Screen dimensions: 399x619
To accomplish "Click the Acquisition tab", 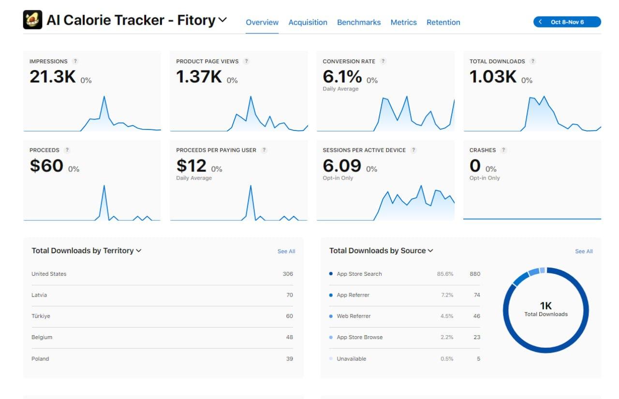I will coord(308,22).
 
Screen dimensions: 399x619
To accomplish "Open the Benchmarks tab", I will coord(359,22).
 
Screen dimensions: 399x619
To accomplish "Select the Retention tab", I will coord(443,22).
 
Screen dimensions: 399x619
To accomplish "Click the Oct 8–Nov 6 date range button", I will coord(567,22).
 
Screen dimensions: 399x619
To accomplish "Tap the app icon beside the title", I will coord(32,20).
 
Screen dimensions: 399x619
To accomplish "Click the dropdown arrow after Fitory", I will coord(222,20).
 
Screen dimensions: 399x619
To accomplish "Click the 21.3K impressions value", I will coord(52,76).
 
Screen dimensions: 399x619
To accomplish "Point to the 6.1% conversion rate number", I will coord(342,76).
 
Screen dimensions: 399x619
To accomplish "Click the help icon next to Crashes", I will coord(503,150).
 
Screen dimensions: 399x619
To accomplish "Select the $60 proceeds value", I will coord(46,166).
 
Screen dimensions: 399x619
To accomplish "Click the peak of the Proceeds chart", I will coord(104,186).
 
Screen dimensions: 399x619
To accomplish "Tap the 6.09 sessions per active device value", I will coord(342,166).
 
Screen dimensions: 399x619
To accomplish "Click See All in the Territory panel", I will coord(286,251).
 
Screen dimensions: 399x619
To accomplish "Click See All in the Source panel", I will coord(583,251).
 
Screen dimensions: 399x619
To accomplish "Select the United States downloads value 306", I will coord(288,274).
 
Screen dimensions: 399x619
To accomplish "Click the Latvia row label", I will coord(39,295).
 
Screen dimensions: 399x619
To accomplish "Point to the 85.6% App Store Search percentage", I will coord(445,274).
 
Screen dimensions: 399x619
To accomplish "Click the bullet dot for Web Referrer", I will coord(331,316).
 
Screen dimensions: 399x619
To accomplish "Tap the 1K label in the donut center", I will coord(545,306).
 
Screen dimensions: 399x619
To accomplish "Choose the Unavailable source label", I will coord(351,359).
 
